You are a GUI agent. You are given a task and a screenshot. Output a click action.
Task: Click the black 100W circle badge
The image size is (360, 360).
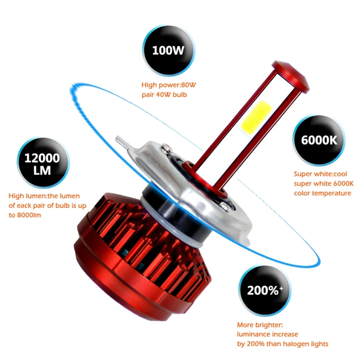pos(168,50)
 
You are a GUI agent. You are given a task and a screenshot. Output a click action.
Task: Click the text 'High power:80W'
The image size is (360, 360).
pos(168,85)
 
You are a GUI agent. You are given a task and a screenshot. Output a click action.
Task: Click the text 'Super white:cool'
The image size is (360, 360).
pos(320,174)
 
